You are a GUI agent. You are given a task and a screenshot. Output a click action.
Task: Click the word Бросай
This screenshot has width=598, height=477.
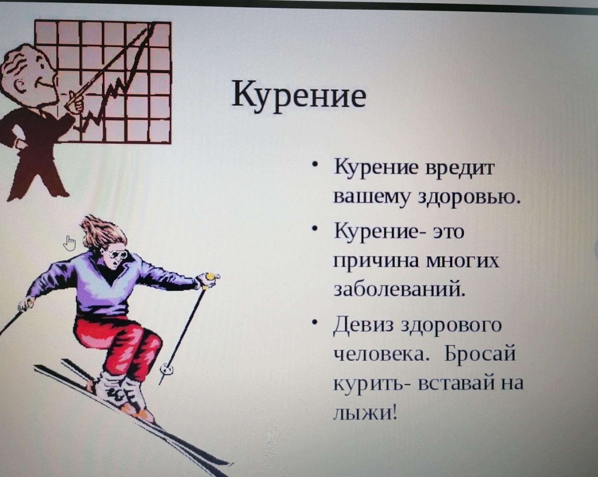(x=479, y=354)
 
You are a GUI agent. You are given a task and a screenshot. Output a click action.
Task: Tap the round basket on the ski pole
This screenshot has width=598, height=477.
(x=166, y=370)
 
